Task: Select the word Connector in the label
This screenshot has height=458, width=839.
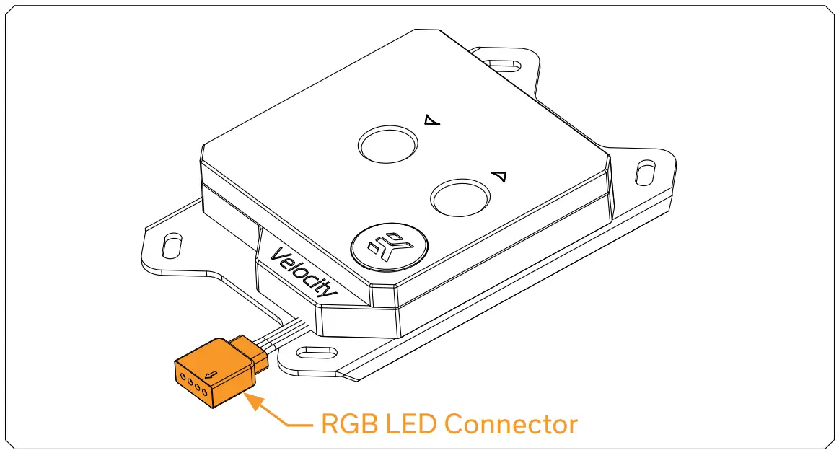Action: click(x=511, y=424)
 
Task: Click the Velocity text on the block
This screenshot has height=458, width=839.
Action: click(x=304, y=273)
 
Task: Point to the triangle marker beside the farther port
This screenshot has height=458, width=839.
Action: click(x=432, y=120)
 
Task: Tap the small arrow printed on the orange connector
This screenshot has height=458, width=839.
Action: click(x=212, y=374)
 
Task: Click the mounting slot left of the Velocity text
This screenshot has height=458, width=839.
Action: click(x=172, y=245)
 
